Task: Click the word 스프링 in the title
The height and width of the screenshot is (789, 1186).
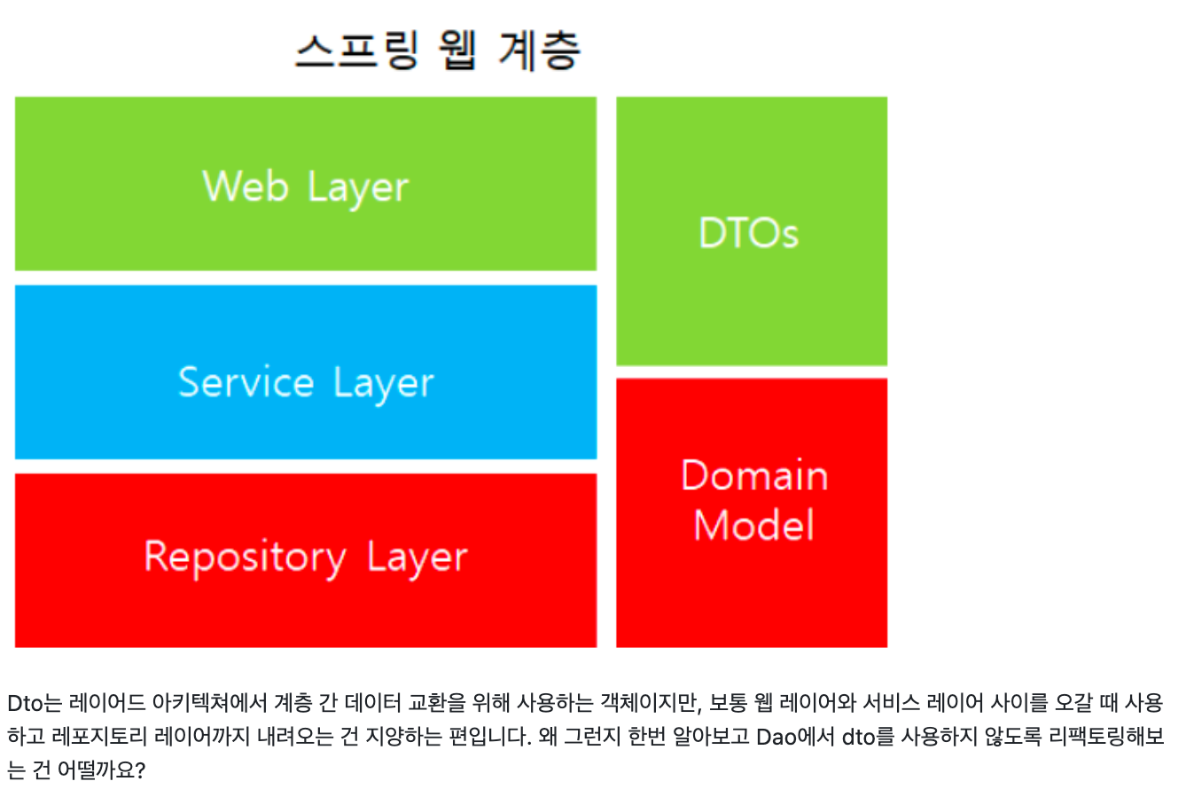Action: [x=357, y=51]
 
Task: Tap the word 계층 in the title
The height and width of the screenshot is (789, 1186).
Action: [x=540, y=51]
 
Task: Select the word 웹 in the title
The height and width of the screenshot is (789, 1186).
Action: [x=458, y=51]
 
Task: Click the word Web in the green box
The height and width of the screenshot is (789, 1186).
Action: [x=246, y=186]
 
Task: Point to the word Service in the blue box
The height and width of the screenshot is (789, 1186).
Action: [x=246, y=381]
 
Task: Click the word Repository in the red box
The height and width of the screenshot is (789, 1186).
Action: [x=245, y=558]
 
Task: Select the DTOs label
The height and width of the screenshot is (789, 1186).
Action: [x=749, y=232]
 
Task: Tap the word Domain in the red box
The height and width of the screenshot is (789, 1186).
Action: [x=754, y=474]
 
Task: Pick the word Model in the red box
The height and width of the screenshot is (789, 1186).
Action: [x=754, y=525]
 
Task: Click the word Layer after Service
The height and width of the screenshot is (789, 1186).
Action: [x=384, y=383]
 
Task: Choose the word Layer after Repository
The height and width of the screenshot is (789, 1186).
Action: [x=417, y=558]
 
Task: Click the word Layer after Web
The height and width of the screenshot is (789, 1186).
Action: [x=358, y=188]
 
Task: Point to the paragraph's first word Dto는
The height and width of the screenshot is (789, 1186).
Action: [x=35, y=703]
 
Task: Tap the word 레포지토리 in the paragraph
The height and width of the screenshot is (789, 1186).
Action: [x=99, y=736]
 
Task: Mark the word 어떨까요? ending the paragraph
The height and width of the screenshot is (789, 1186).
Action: [x=101, y=769]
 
